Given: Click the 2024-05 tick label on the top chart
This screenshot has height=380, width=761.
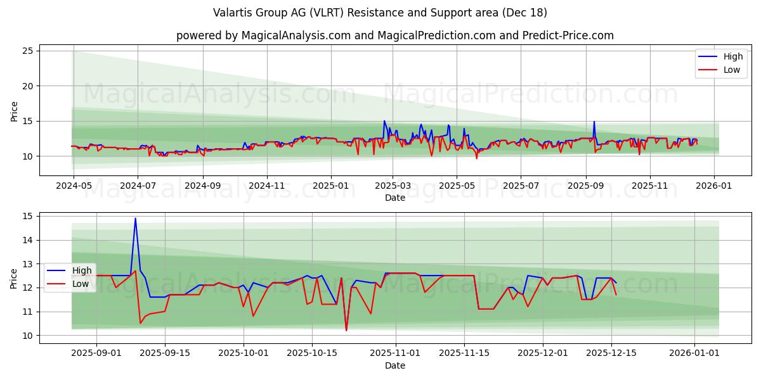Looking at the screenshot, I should click(x=74, y=186).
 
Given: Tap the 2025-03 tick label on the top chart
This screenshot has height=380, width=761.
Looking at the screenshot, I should click(x=393, y=186).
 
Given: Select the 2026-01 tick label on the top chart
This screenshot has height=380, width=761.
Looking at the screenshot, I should click(x=714, y=186).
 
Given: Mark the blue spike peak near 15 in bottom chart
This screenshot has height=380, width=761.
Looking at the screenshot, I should click(x=135, y=218).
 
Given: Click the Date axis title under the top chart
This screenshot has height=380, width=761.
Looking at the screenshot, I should click(x=394, y=198).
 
